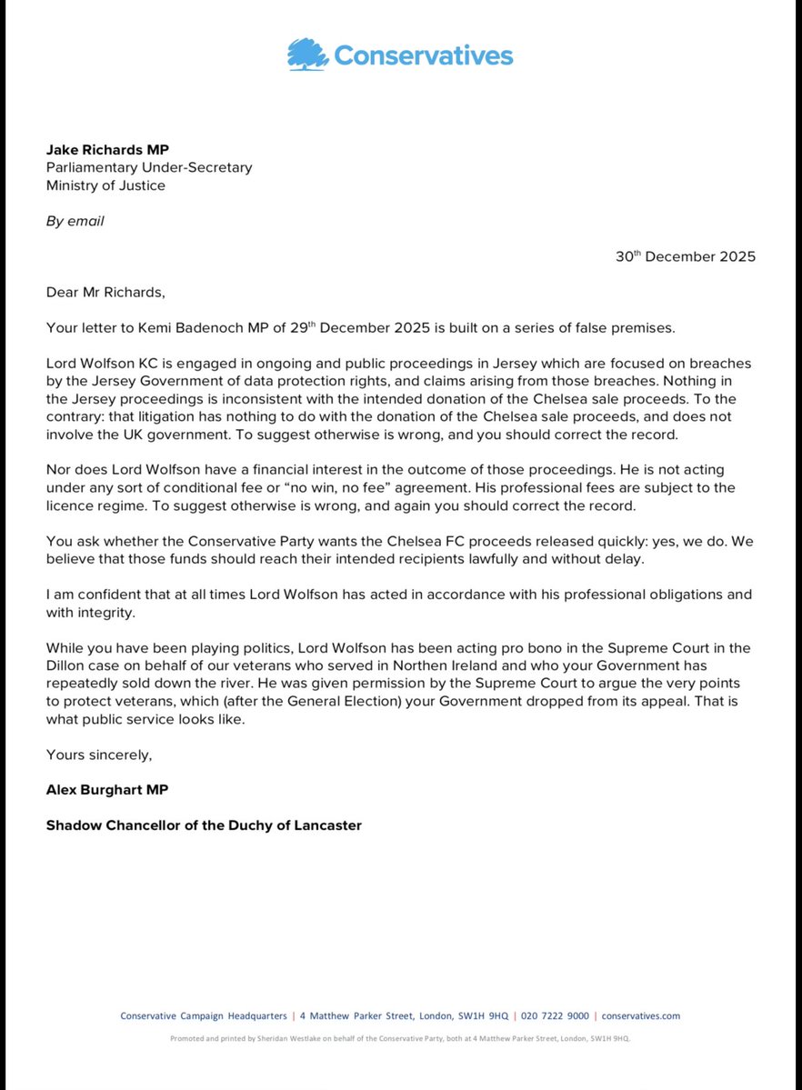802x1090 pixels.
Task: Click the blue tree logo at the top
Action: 307,55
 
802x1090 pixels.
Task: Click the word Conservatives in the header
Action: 423,55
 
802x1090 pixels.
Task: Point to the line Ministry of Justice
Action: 105,185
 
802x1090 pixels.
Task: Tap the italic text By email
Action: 75,221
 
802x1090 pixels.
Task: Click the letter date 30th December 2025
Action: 685,256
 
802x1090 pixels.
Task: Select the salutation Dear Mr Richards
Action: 104,292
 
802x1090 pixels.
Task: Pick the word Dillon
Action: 69,665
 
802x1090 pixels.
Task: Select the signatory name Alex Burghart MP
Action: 107,789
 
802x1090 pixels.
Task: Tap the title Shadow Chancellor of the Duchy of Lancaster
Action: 204,825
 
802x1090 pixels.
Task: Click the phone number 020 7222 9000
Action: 555,1016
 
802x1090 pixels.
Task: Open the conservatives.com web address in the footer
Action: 640,1016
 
